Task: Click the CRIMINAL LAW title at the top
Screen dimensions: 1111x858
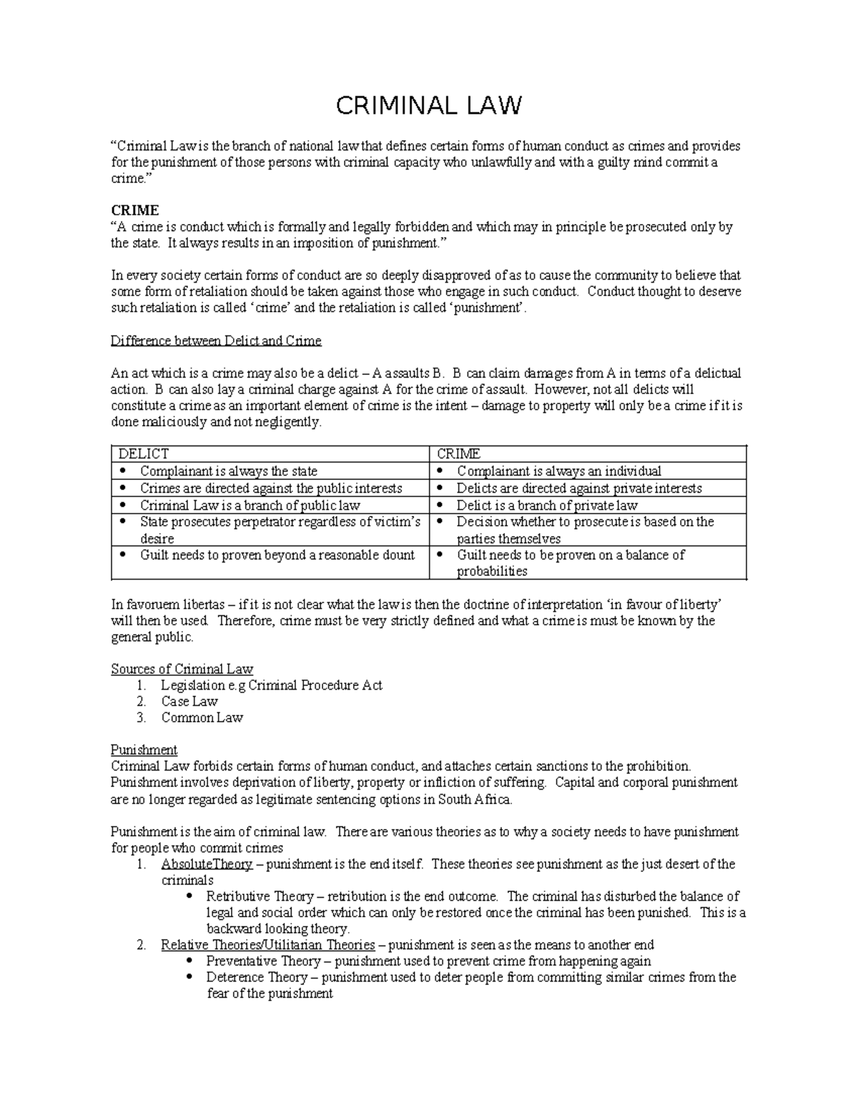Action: coord(429,106)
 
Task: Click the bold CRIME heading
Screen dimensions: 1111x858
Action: coord(134,210)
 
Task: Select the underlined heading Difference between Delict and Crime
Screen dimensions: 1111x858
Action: coord(216,341)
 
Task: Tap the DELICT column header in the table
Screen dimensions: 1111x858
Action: coord(143,454)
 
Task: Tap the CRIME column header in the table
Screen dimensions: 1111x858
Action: coord(458,454)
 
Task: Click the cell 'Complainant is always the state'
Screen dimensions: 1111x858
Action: coord(228,471)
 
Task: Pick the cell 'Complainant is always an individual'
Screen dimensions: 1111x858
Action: coord(558,471)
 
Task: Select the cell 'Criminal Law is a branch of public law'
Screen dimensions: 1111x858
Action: coord(250,505)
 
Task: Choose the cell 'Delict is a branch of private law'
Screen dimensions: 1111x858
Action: coord(547,505)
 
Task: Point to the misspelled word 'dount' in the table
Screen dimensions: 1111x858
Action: coord(398,555)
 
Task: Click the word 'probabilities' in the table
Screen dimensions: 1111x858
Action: coord(492,572)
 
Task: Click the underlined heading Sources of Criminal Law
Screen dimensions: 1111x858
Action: coord(182,670)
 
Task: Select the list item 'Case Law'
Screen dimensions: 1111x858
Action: coord(189,702)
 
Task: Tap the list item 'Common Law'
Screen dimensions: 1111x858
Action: coord(202,718)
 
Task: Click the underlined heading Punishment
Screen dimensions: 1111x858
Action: coord(144,750)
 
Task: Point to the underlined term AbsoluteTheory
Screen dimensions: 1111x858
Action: coord(207,864)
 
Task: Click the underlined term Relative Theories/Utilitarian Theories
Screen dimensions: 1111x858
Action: coord(267,945)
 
